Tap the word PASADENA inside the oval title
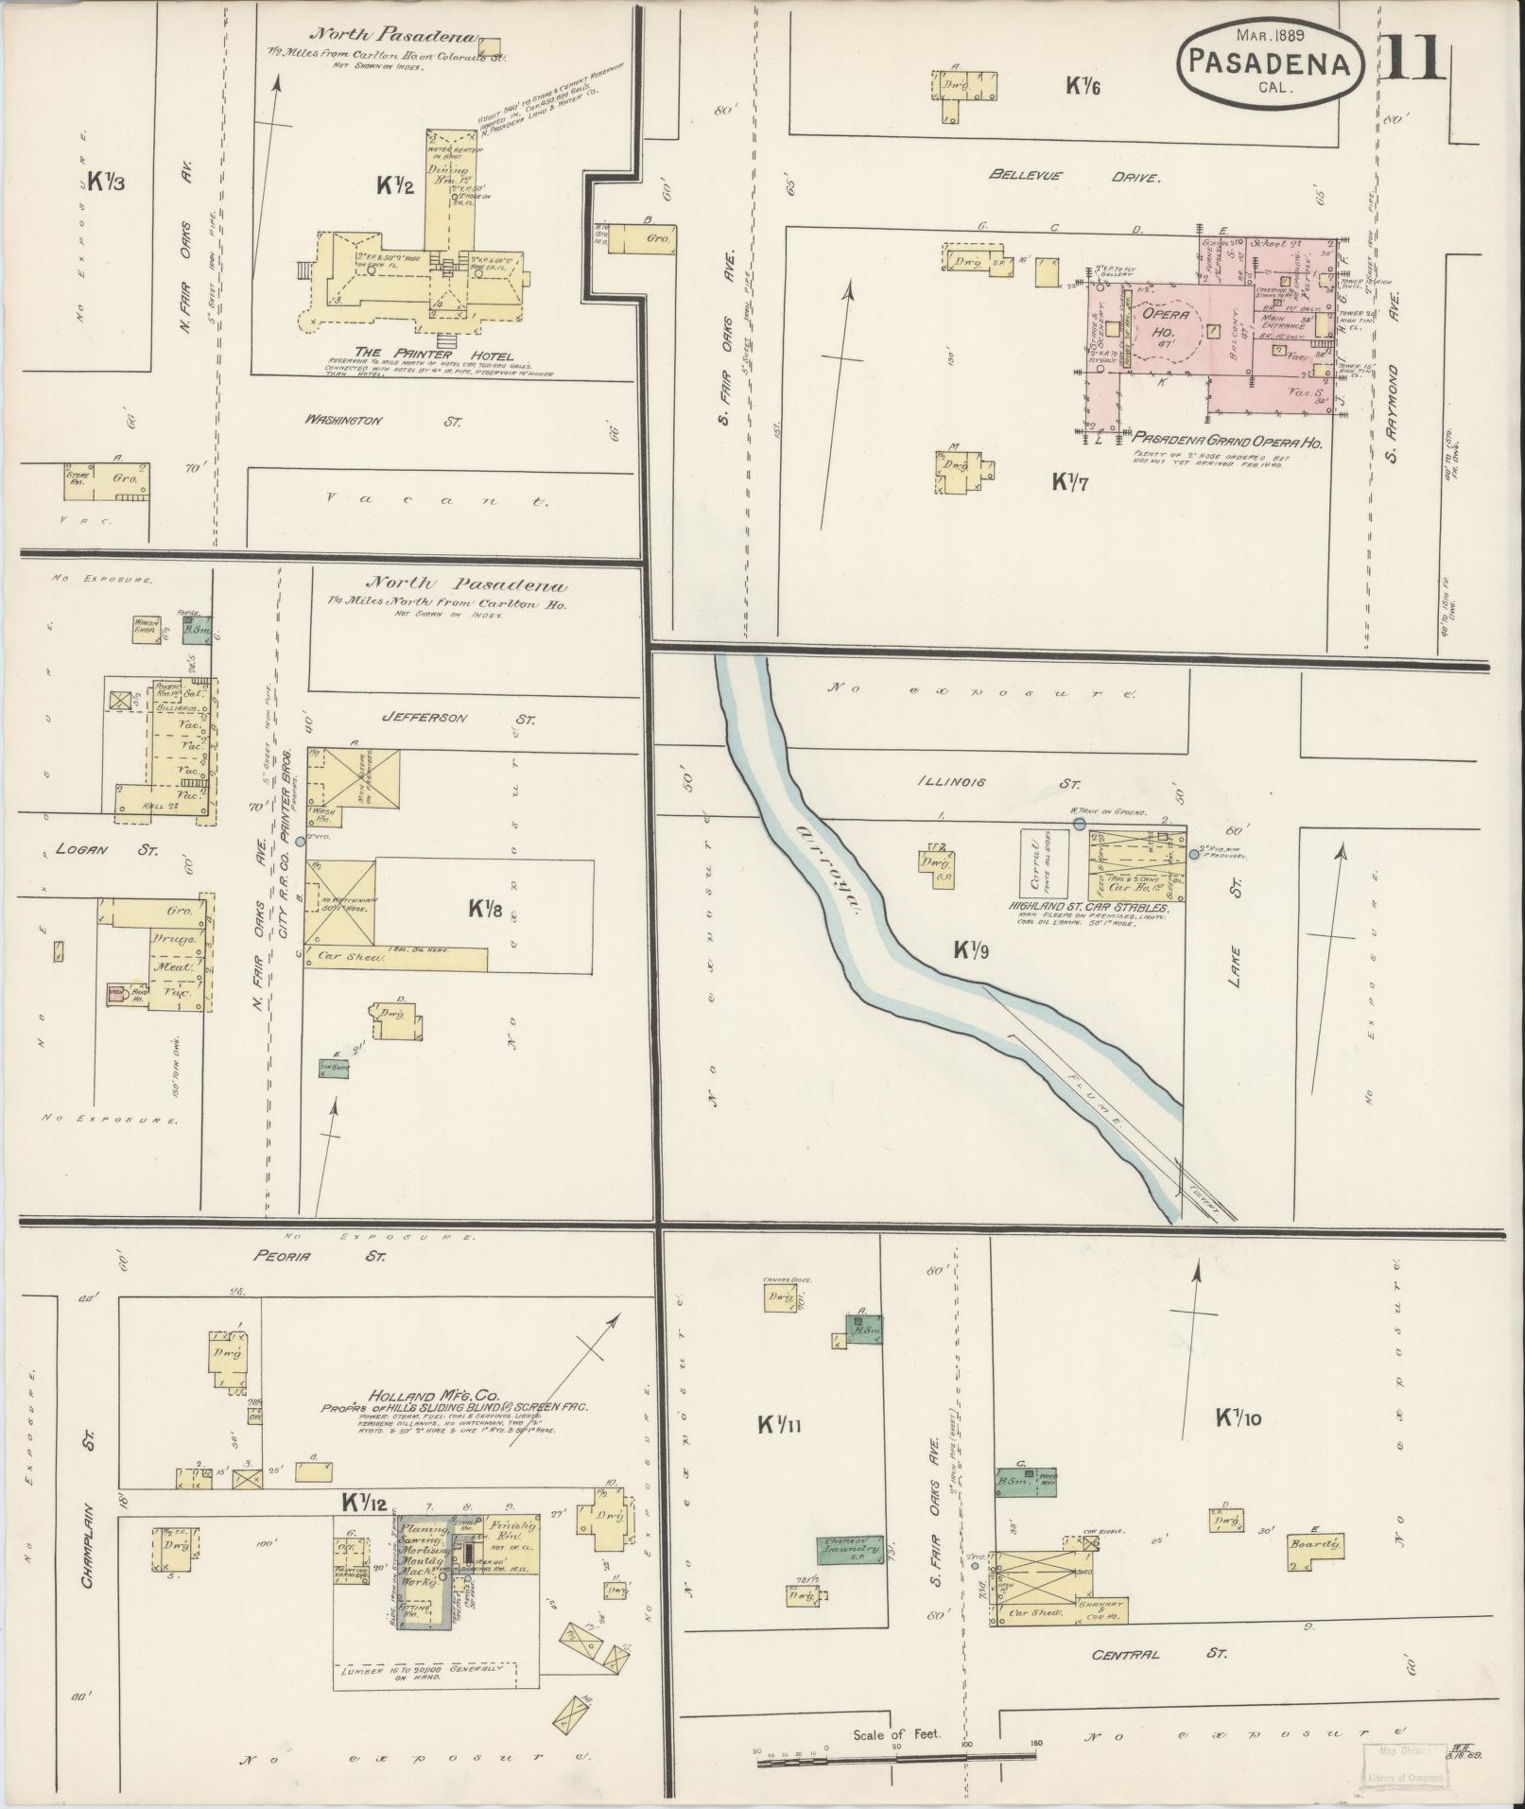pyautogui.click(x=1270, y=63)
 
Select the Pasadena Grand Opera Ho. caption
pyautogui.click(x=1227, y=442)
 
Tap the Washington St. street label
pyautogui.click(x=382, y=420)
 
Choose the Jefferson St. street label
pyautogui.click(x=457, y=718)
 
